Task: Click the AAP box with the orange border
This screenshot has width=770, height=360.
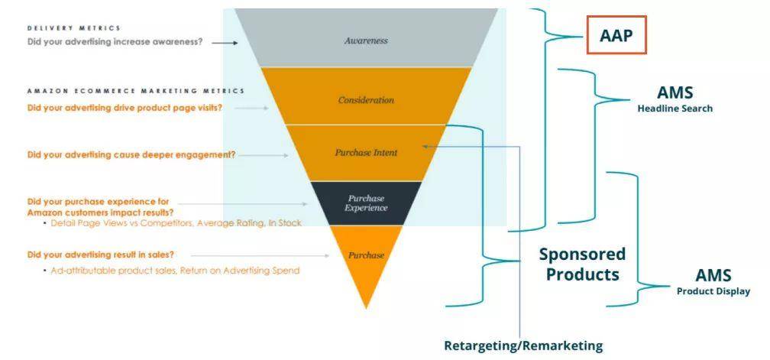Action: [x=616, y=35]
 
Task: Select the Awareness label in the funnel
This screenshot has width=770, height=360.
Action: [x=366, y=41]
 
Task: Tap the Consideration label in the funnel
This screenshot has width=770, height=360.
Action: [x=366, y=100]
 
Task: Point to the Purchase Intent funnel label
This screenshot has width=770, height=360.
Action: [x=366, y=153]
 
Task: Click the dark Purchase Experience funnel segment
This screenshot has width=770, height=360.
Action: [x=366, y=203]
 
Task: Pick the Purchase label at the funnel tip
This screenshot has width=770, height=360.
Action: [x=366, y=255]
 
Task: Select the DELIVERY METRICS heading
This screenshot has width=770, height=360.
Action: [x=73, y=28]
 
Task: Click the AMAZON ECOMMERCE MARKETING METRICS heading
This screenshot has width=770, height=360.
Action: [x=135, y=91]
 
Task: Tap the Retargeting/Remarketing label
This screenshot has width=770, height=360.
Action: [x=523, y=345]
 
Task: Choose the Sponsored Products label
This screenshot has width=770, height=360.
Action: [x=582, y=264]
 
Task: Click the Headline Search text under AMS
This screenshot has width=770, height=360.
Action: [x=675, y=109]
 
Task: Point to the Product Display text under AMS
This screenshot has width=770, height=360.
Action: [x=713, y=291]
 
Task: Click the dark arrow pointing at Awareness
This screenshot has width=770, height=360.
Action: [x=225, y=43]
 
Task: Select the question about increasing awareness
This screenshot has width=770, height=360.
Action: [x=115, y=42]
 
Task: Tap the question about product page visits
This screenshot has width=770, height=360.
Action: [x=125, y=108]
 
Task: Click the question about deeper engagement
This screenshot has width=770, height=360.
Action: [x=131, y=155]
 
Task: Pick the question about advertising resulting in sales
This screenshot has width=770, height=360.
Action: [x=101, y=255]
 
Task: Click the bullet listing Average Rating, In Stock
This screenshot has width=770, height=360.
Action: [x=173, y=223]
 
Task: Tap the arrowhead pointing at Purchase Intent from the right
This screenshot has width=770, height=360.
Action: [x=425, y=146]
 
